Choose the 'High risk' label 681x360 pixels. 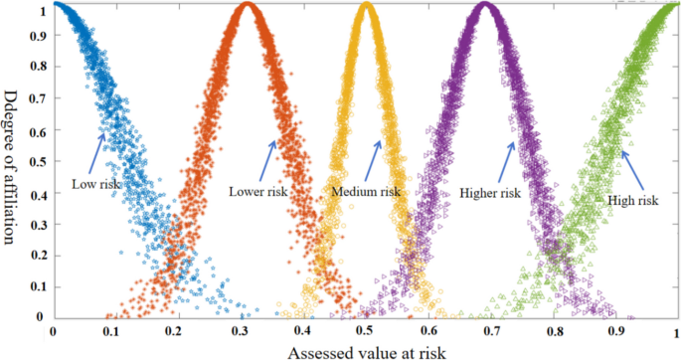click(632, 200)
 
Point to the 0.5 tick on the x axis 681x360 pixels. click(366, 331)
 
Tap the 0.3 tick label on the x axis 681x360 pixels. click(241, 331)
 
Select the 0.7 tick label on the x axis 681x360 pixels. click(491, 331)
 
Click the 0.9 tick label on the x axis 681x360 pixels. click(616, 331)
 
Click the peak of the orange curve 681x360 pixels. click(248, 8)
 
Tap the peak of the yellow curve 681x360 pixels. click(367, 8)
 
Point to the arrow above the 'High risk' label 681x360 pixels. click(631, 169)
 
